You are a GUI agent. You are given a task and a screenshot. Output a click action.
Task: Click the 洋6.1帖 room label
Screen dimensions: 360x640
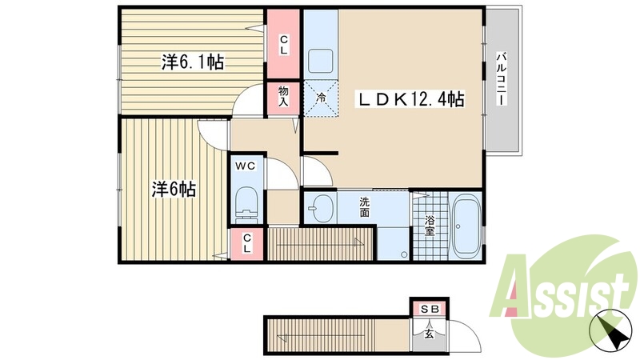[x=192, y=62]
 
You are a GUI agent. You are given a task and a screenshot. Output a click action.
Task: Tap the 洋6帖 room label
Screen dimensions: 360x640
[x=174, y=190]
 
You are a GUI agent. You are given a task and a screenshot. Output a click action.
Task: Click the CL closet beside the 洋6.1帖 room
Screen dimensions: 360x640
[x=283, y=45]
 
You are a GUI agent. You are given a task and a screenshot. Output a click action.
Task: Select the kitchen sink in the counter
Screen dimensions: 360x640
[x=321, y=60]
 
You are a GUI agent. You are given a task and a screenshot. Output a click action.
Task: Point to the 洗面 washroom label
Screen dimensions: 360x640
[x=364, y=207]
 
